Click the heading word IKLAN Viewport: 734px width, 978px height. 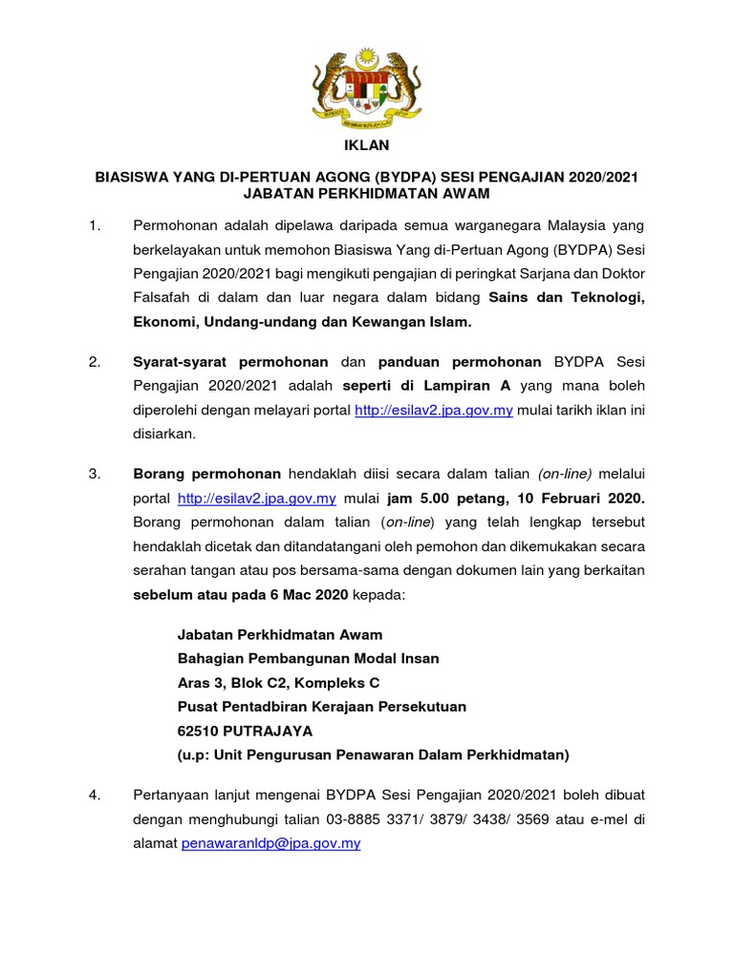point(367,146)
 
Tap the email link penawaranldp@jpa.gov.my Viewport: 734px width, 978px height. point(270,844)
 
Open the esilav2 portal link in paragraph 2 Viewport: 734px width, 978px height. point(434,411)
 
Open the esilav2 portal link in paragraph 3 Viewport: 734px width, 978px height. point(257,499)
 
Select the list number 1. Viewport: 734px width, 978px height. point(94,225)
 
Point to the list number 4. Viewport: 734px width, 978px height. point(94,795)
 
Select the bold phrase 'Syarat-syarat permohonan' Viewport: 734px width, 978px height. point(229,362)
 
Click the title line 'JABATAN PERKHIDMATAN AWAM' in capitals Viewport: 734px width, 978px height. point(367,194)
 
